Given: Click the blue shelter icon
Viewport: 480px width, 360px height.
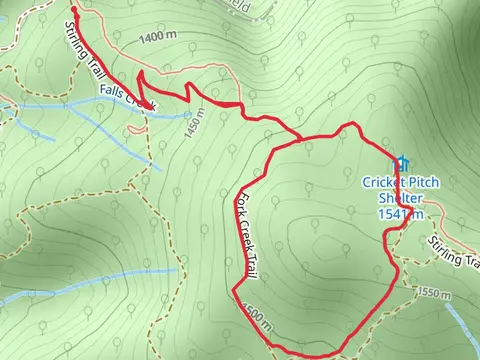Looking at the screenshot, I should coord(402,162).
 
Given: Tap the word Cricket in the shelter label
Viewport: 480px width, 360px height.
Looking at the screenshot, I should coord(383,182).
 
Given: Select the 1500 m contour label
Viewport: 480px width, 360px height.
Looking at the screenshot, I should coord(255,318).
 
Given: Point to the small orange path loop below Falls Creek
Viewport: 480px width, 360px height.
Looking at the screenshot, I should coord(135,127).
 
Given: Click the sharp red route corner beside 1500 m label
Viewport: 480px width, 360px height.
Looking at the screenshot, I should coord(234,291).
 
